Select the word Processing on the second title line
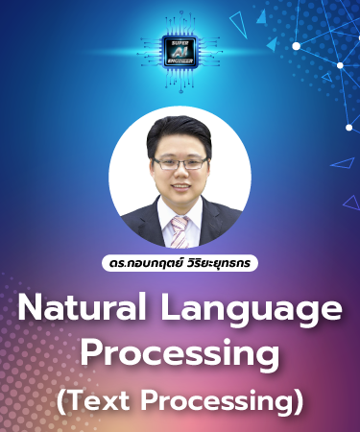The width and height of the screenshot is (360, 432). [x=180, y=353]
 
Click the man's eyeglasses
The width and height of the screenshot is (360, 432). [x=179, y=163]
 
